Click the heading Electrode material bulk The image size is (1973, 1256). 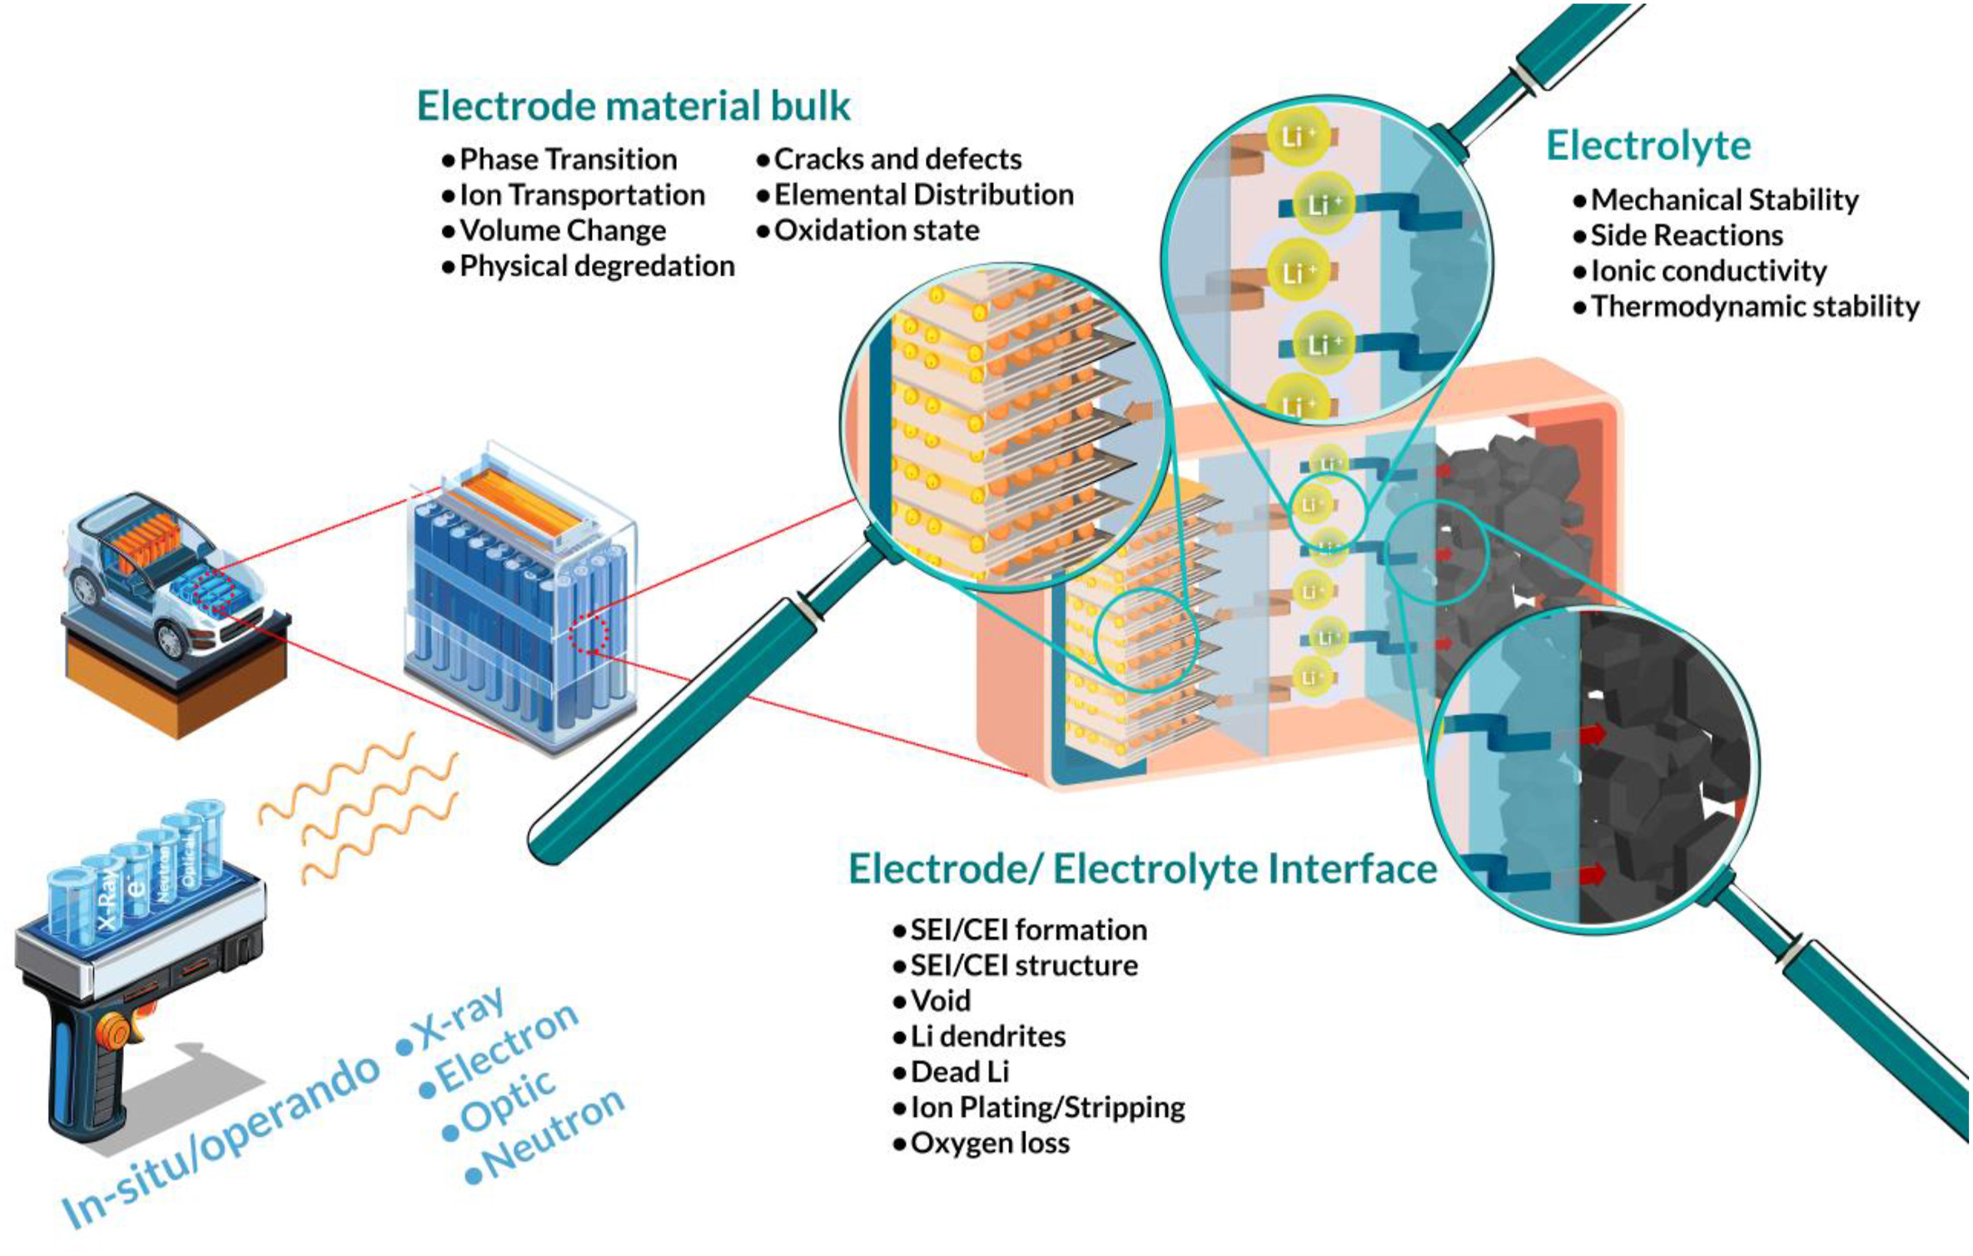pyautogui.click(x=633, y=107)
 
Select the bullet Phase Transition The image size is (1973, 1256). pyautogui.click(x=568, y=159)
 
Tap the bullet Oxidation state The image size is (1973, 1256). pyautogui.click(x=876, y=231)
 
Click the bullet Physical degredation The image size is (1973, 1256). pyautogui.click(x=596, y=266)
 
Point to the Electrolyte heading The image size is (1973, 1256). pyautogui.click(x=1648, y=146)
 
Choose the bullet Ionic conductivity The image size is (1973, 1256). pyautogui.click(x=1708, y=271)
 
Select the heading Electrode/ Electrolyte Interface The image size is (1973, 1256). pyautogui.click(x=1142, y=869)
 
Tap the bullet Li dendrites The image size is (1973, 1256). pyautogui.click(x=987, y=1037)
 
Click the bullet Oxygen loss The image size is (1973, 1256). pyautogui.click(x=990, y=1144)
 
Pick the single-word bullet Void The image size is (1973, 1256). pyautogui.click(x=940, y=1001)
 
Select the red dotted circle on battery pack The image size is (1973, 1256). pyautogui.click(x=589, y=635)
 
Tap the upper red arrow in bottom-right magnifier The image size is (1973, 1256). pyautogui.click(x=1592, y=734)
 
